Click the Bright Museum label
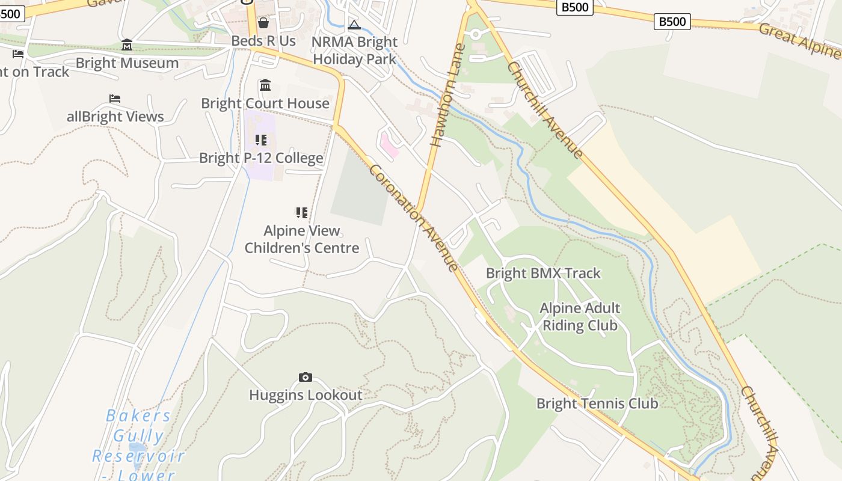pos(127,63)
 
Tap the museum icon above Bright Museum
pos(127,45)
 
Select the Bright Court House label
pos(265,103)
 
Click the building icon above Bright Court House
pos(265,85)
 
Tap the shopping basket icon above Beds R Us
pos(263,23)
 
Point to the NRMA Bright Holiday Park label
pos(355,51)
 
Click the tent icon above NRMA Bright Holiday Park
pos(354,25)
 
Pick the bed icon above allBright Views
pos(115,99)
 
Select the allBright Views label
pos(115,117)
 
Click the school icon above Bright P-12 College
pos(260,140)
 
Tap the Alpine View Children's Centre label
pos(302,239)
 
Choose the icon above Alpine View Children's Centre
pos(302,212)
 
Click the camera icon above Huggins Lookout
pos(306,377)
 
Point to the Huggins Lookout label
pos(306,395)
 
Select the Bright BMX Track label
pos(543,274)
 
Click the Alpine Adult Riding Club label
pos(580,317)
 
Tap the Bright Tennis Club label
pos(597,403)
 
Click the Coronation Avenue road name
pos(414,218)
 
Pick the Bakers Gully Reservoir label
pos(138,445)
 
